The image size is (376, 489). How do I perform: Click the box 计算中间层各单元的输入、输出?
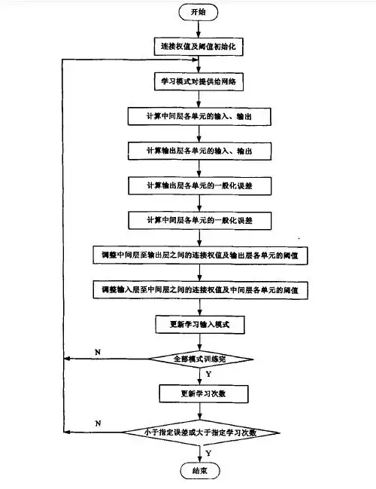tap(199, 118)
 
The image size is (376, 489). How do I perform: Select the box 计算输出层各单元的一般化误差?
tap(199, 185)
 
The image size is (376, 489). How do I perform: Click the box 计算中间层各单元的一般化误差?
tap(199, 219)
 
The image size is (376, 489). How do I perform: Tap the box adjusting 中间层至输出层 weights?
tap(199, 255)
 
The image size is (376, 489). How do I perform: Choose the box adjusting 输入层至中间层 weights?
tap(199, 289)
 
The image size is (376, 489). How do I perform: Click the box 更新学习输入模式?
tap(199, 324)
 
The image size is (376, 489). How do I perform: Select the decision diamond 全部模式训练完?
tap(200, 359)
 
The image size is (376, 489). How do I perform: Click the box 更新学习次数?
tap(199, 393)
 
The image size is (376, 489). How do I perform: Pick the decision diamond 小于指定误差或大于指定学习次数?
tap(200, 432)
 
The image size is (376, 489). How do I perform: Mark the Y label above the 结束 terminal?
tap(208, 454)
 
